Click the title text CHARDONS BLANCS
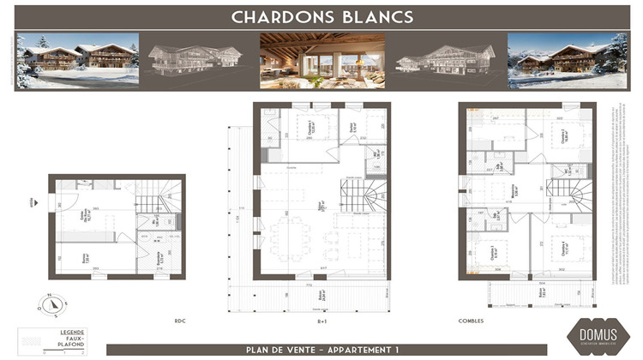tap(322, 16)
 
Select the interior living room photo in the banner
tap(322, 60)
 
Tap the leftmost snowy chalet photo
tap(77, 60)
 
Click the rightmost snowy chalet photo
tap(568, 60)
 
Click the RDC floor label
tap(180, 321)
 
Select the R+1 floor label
tap(323, 321)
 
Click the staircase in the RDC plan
tap(156, 203)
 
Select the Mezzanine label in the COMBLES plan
tap(513, 190)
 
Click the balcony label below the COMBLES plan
tap(542, 292)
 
